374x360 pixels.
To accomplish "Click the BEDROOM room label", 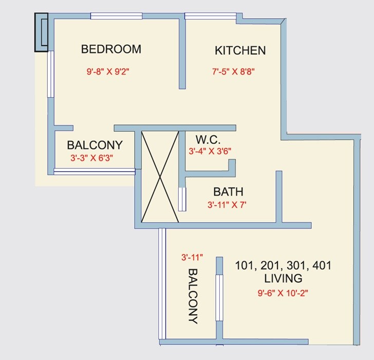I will pos(111,49).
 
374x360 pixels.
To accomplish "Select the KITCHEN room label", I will pos(240,50).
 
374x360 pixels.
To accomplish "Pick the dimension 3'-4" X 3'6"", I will pos(210,151).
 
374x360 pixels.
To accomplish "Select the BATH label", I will pos(228,192).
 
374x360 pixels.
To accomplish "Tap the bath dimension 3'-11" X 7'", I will pos(227,205).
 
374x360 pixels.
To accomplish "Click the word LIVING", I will pos(283,279).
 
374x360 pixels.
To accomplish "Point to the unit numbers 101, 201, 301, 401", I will pos(283,266).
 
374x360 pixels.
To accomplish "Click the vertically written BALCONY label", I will pos(193,296).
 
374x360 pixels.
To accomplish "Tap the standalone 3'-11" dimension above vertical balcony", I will pos(192,257).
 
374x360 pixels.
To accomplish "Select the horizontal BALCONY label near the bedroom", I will pos(95,145).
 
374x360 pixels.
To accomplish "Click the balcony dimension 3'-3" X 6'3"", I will pos(91,158).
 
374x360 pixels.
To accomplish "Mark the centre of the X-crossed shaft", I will pos(160,177).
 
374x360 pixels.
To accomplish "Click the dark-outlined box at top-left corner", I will pos(41,32).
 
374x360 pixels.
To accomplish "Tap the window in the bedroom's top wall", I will pos(116,16).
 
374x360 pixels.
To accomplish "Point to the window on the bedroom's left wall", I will pos(50,74).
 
